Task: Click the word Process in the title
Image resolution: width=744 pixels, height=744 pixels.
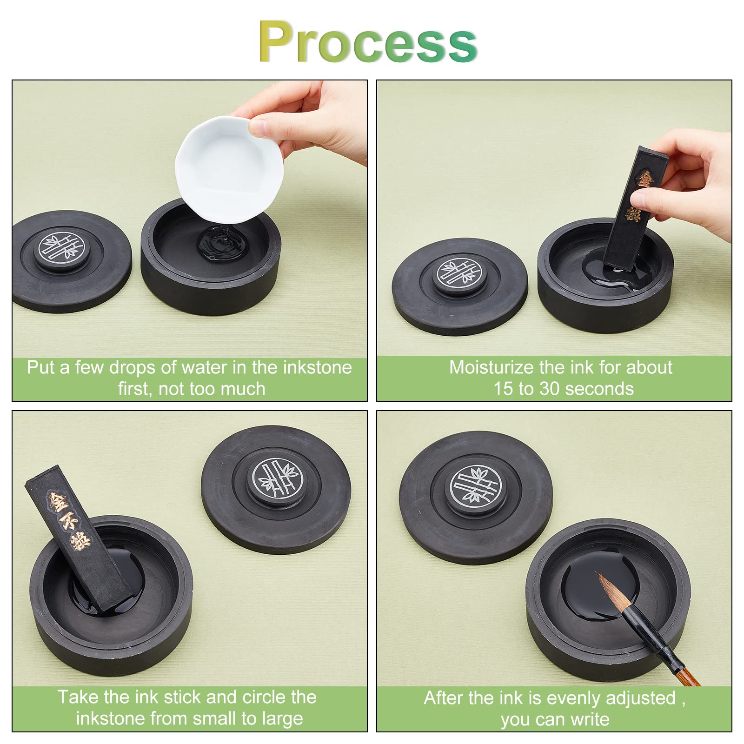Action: click(368, 42)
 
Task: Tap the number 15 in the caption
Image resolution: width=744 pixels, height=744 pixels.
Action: click(503, 389)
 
